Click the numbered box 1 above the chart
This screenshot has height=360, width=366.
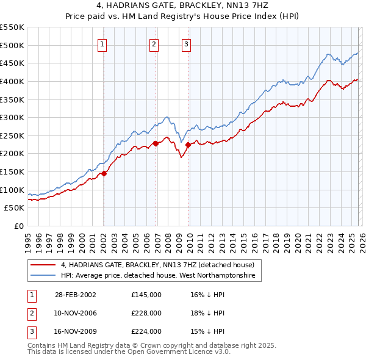click(x=102, y=44)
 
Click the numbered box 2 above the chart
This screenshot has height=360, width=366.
click(x=154, y=44)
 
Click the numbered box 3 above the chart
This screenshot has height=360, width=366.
click(x=186, y=44)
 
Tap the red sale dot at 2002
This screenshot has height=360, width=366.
click(x=104, y=173)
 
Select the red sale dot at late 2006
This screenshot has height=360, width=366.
click(x=156, y=143)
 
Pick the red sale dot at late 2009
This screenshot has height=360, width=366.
click(x=188, y=145)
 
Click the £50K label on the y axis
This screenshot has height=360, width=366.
click(x=15, y=208)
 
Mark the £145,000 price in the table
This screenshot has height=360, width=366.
click(x=146, y=294)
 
